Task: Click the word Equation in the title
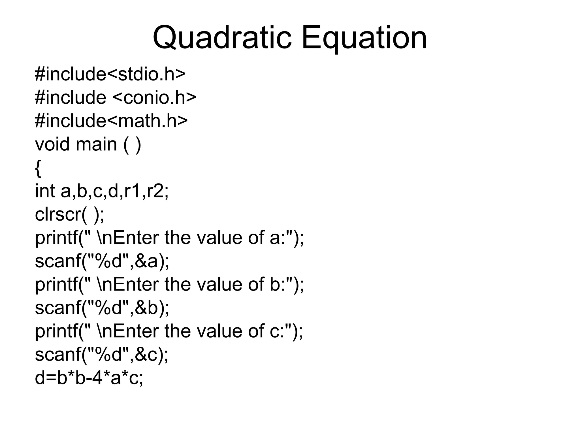364,38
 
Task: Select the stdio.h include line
110,74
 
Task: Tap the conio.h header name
154,97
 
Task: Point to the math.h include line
111,121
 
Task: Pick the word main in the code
96,144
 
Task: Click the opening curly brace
38,168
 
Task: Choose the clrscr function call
69,214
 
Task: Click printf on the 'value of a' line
57,238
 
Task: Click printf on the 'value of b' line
57,285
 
